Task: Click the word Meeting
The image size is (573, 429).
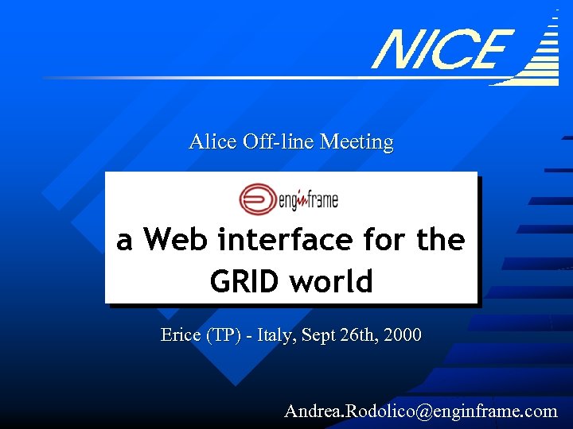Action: [356, 142]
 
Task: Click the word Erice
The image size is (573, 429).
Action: [181, 335]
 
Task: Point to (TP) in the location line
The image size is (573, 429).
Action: [223, 335]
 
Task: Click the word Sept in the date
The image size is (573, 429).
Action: [322, 335]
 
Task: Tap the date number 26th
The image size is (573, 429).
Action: [360, 335]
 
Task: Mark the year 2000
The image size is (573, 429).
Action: [403, 335]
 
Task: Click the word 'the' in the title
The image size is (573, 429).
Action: [441, 239]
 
